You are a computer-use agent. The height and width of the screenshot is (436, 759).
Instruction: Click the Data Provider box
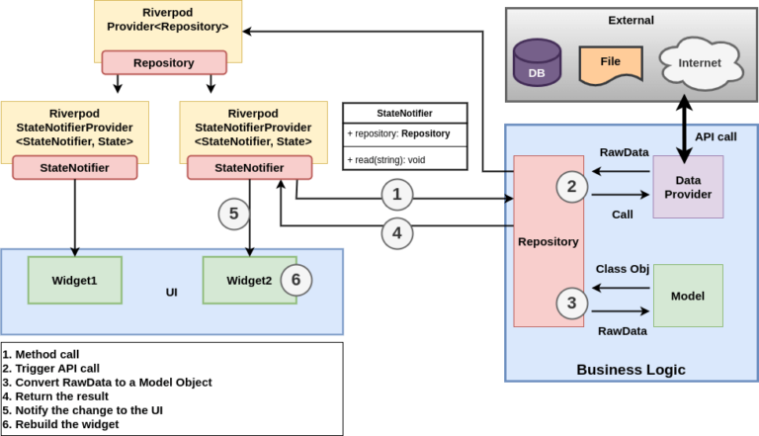point(688,187)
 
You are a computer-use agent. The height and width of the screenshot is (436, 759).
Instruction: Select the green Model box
point(688,295)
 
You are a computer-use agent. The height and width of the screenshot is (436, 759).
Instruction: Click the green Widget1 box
point(74,280)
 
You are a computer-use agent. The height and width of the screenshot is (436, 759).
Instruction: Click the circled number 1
point(396,195)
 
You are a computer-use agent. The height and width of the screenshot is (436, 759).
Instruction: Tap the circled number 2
point(569,185)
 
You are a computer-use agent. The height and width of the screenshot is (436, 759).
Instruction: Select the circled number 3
point(569,304)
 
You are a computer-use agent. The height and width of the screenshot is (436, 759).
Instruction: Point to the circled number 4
point(396,234)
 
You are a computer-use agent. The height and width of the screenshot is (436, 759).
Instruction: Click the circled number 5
point(233,212)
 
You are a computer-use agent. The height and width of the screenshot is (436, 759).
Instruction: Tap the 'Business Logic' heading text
point(631,370)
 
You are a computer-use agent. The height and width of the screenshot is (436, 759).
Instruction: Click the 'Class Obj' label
point(622,269)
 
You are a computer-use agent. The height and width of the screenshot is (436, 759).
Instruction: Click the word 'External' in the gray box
point(632,20)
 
